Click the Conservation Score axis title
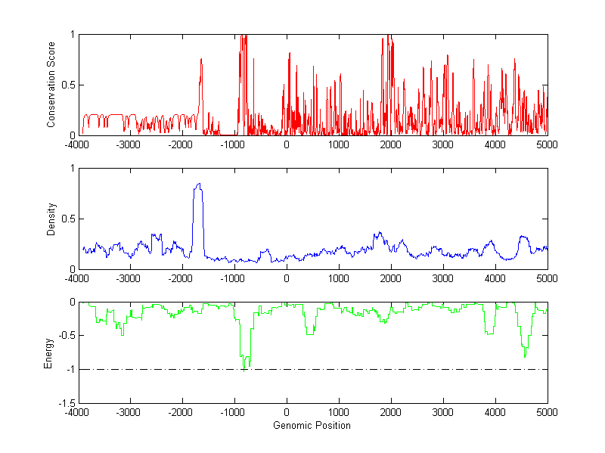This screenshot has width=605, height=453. [51, 85]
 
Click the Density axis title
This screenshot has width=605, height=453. [51, 219]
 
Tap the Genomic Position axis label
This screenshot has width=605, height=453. [312, 425]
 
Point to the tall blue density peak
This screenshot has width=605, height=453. [198, 185]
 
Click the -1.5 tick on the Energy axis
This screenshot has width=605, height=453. [67, 403]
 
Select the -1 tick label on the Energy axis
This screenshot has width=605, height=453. [69, 369]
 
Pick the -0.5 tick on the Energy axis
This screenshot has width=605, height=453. [67, 336]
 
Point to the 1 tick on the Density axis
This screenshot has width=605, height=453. [72, 169]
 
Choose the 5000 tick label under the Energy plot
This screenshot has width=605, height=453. [547, 412]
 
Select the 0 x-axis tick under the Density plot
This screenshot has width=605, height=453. [286, 278]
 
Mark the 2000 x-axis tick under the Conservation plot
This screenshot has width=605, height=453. [390, 144]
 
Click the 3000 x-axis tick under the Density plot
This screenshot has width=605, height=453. [442, 278]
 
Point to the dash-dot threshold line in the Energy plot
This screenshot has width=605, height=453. [378, 369]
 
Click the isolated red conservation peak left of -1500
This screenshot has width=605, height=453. [201, 61]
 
